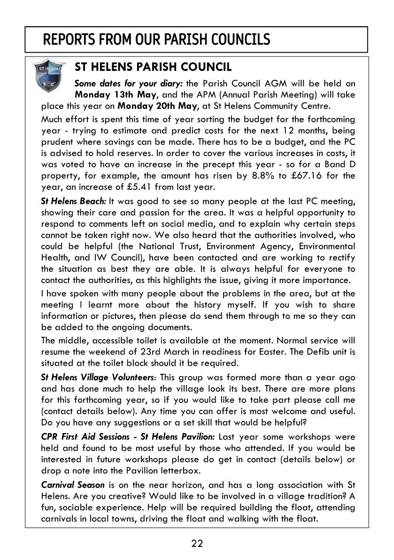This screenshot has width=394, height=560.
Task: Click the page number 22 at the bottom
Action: pyautogui.click(x=197, y=544)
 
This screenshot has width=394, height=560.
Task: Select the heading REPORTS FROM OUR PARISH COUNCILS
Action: pyautogui.click(x=156, y=39)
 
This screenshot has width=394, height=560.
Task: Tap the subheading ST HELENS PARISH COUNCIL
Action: pyautogui.click(x=153, y=67)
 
